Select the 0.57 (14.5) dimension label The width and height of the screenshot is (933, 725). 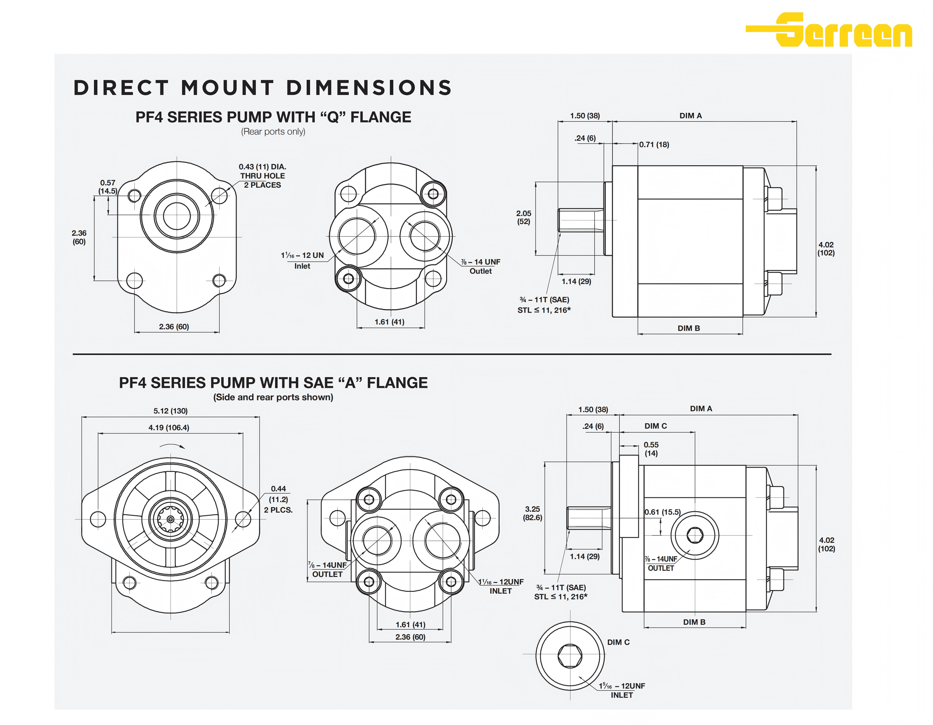pos(108,187)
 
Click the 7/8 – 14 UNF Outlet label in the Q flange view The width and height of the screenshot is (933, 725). pos(481,266)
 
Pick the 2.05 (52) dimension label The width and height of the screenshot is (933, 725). pos(524,217)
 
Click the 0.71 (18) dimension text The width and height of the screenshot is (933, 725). pos(654,144)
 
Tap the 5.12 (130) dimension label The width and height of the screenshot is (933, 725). pos(170,411)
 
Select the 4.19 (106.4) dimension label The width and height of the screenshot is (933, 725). pos(169,427)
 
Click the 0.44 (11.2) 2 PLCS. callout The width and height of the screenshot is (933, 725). pos(278,499)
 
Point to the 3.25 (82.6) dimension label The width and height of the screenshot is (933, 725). pos(532,513)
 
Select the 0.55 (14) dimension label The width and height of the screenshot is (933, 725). pos(651,449)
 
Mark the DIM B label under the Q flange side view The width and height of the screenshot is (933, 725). pos(689,328)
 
